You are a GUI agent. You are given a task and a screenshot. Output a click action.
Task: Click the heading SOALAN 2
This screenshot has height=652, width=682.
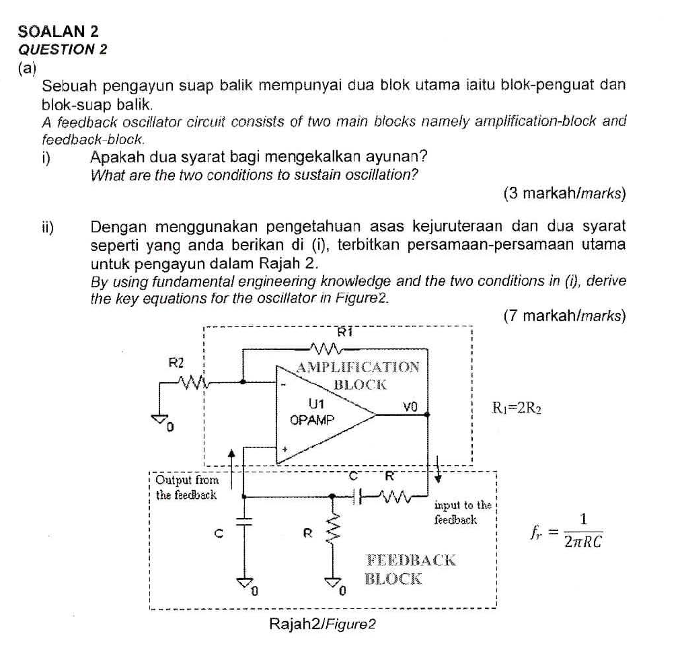point(59,31)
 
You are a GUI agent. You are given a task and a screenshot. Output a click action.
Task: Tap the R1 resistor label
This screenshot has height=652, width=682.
point(345,331)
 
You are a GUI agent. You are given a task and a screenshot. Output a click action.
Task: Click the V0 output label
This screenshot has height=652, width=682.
point(410,406)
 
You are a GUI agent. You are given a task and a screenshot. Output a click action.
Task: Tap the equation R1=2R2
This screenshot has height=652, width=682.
point(517,407)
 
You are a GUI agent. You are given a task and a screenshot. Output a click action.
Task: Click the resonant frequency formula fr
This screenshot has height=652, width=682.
point(566,530)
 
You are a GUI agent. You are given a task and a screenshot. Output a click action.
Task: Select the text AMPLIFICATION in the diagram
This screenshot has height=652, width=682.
point(358,367)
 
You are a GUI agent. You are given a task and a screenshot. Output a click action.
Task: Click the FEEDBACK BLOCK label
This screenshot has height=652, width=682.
point(410,569)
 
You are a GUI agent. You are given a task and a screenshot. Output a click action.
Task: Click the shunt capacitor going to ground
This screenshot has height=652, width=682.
point(243,520)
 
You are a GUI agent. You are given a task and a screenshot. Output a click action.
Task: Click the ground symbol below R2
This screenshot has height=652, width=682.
point(159,421)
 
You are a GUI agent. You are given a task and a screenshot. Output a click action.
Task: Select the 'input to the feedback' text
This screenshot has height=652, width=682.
point(462,511)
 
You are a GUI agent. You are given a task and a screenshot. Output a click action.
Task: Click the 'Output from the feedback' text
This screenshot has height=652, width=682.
point(186,487)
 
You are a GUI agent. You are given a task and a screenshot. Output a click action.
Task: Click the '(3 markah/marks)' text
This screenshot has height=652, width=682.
point(564,194)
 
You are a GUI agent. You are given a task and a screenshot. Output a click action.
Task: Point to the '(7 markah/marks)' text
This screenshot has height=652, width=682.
point(564,315)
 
